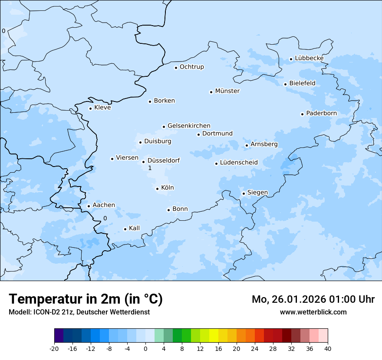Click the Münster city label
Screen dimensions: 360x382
227,91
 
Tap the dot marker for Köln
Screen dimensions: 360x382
157,189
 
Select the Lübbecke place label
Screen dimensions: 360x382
309,58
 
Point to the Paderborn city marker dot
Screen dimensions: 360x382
302,114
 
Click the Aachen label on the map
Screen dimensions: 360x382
104,205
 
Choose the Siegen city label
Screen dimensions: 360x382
257,193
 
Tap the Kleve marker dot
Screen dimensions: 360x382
90,108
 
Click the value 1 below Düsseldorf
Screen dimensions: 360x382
150,168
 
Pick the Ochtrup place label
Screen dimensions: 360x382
192,67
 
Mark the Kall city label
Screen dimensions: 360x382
135,228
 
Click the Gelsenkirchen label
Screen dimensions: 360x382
189,126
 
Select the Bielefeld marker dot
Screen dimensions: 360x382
285,84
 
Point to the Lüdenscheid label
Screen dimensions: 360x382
239,163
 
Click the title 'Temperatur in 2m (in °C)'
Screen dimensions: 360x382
86,299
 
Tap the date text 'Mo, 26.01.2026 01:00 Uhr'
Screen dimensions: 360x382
313,299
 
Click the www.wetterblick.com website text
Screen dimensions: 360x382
313,312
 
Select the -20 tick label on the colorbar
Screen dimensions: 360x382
54,349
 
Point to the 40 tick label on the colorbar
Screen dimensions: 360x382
328,349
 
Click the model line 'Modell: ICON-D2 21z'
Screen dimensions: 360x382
79,312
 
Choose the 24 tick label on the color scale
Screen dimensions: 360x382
255,349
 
